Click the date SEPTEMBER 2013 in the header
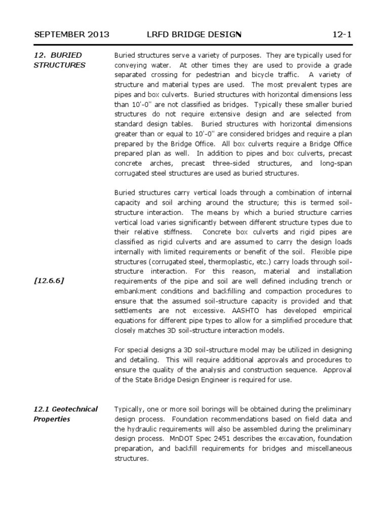click(71, 34)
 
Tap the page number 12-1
click(342, 34)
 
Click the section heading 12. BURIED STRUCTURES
click(59, 60)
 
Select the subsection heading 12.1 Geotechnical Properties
click(66, 414)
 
